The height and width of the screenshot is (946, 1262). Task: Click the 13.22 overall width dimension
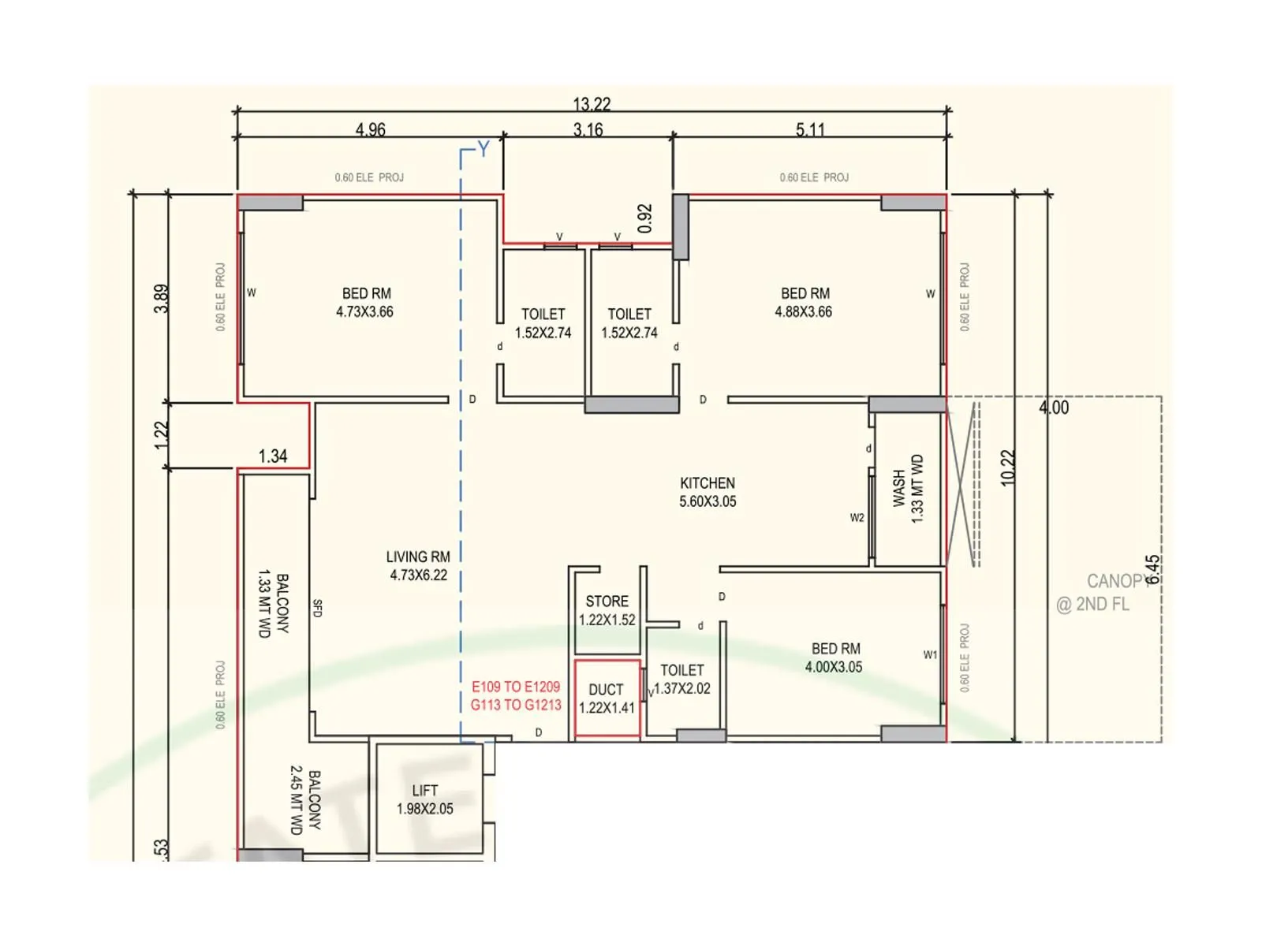point(592,104)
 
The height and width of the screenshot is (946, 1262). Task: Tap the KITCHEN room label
point(708,483)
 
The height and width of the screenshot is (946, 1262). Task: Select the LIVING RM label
point(418,557)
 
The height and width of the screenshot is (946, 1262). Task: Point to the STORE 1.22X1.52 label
point(607,611)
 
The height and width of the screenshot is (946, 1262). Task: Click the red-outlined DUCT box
point(607,698)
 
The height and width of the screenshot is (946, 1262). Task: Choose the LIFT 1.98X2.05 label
point(425,799)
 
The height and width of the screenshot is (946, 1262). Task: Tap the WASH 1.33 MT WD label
point(907,489)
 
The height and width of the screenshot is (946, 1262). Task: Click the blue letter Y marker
point(484,149)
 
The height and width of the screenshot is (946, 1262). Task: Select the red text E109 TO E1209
point(516,687)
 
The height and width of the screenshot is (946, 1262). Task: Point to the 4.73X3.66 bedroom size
point(364,312)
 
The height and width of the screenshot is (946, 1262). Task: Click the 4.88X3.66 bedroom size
point(803,312)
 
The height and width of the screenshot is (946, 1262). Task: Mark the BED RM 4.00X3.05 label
point(834,657)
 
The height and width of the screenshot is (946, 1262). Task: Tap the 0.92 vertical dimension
point(645,218)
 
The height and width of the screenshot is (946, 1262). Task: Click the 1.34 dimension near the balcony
point(273,456)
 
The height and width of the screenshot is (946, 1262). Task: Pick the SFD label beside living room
point(317,608)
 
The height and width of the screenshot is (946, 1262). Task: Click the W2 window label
point(857,518)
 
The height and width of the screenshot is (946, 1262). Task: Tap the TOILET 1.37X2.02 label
point(682,679)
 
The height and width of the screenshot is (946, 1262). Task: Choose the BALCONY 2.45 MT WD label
point(304,802)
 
